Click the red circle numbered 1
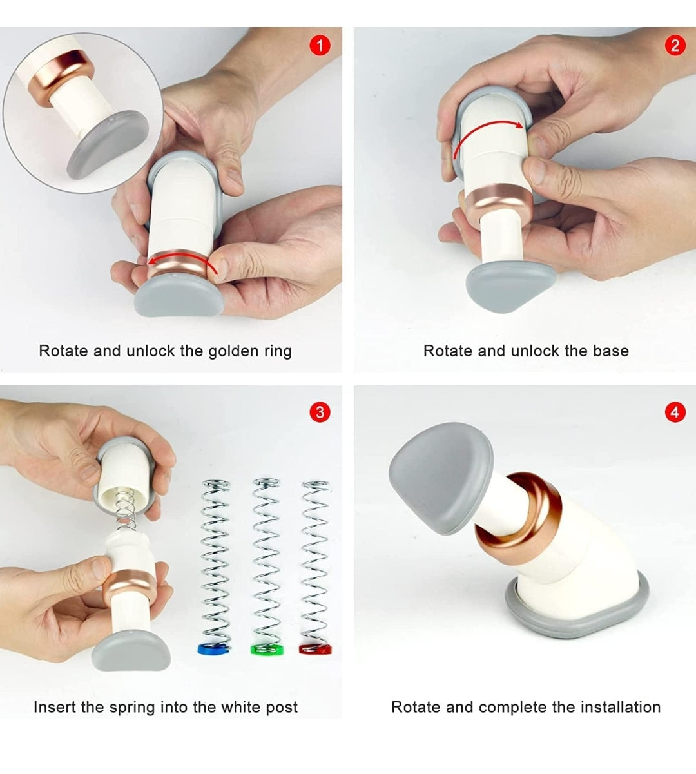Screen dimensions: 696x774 [x=320, y=46]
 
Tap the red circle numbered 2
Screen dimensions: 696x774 [x=675, y=46]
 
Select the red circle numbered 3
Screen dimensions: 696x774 [x=320, y=412]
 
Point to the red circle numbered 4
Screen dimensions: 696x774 [x=675, y=412]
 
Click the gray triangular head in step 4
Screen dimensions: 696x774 [x=441, y=478]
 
